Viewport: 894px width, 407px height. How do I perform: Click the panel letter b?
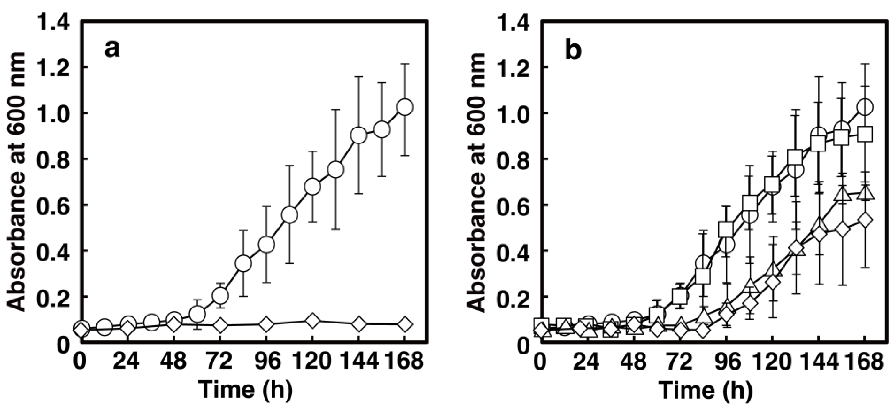[573, 51]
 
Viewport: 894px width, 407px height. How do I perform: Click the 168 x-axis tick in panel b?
[864, 361]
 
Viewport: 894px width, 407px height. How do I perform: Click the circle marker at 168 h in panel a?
[405, 107]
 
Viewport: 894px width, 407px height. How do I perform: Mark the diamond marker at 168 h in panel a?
[405, 324]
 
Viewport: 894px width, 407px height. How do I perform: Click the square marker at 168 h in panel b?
[865, 134]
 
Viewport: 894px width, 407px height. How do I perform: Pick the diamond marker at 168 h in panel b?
[865, 220]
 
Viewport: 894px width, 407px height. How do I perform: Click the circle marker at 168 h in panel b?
[865, 107]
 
